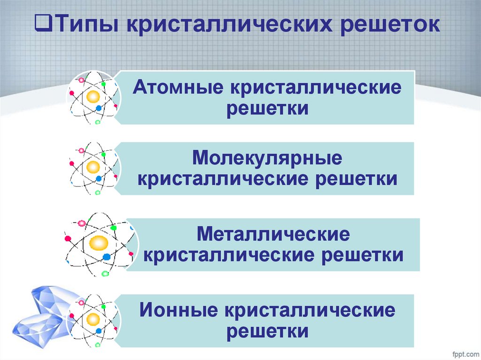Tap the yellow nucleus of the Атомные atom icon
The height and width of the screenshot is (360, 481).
[93, 97]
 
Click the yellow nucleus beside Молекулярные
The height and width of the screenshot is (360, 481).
[93, 167]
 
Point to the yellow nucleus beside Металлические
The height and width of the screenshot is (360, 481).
[99, 243]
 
